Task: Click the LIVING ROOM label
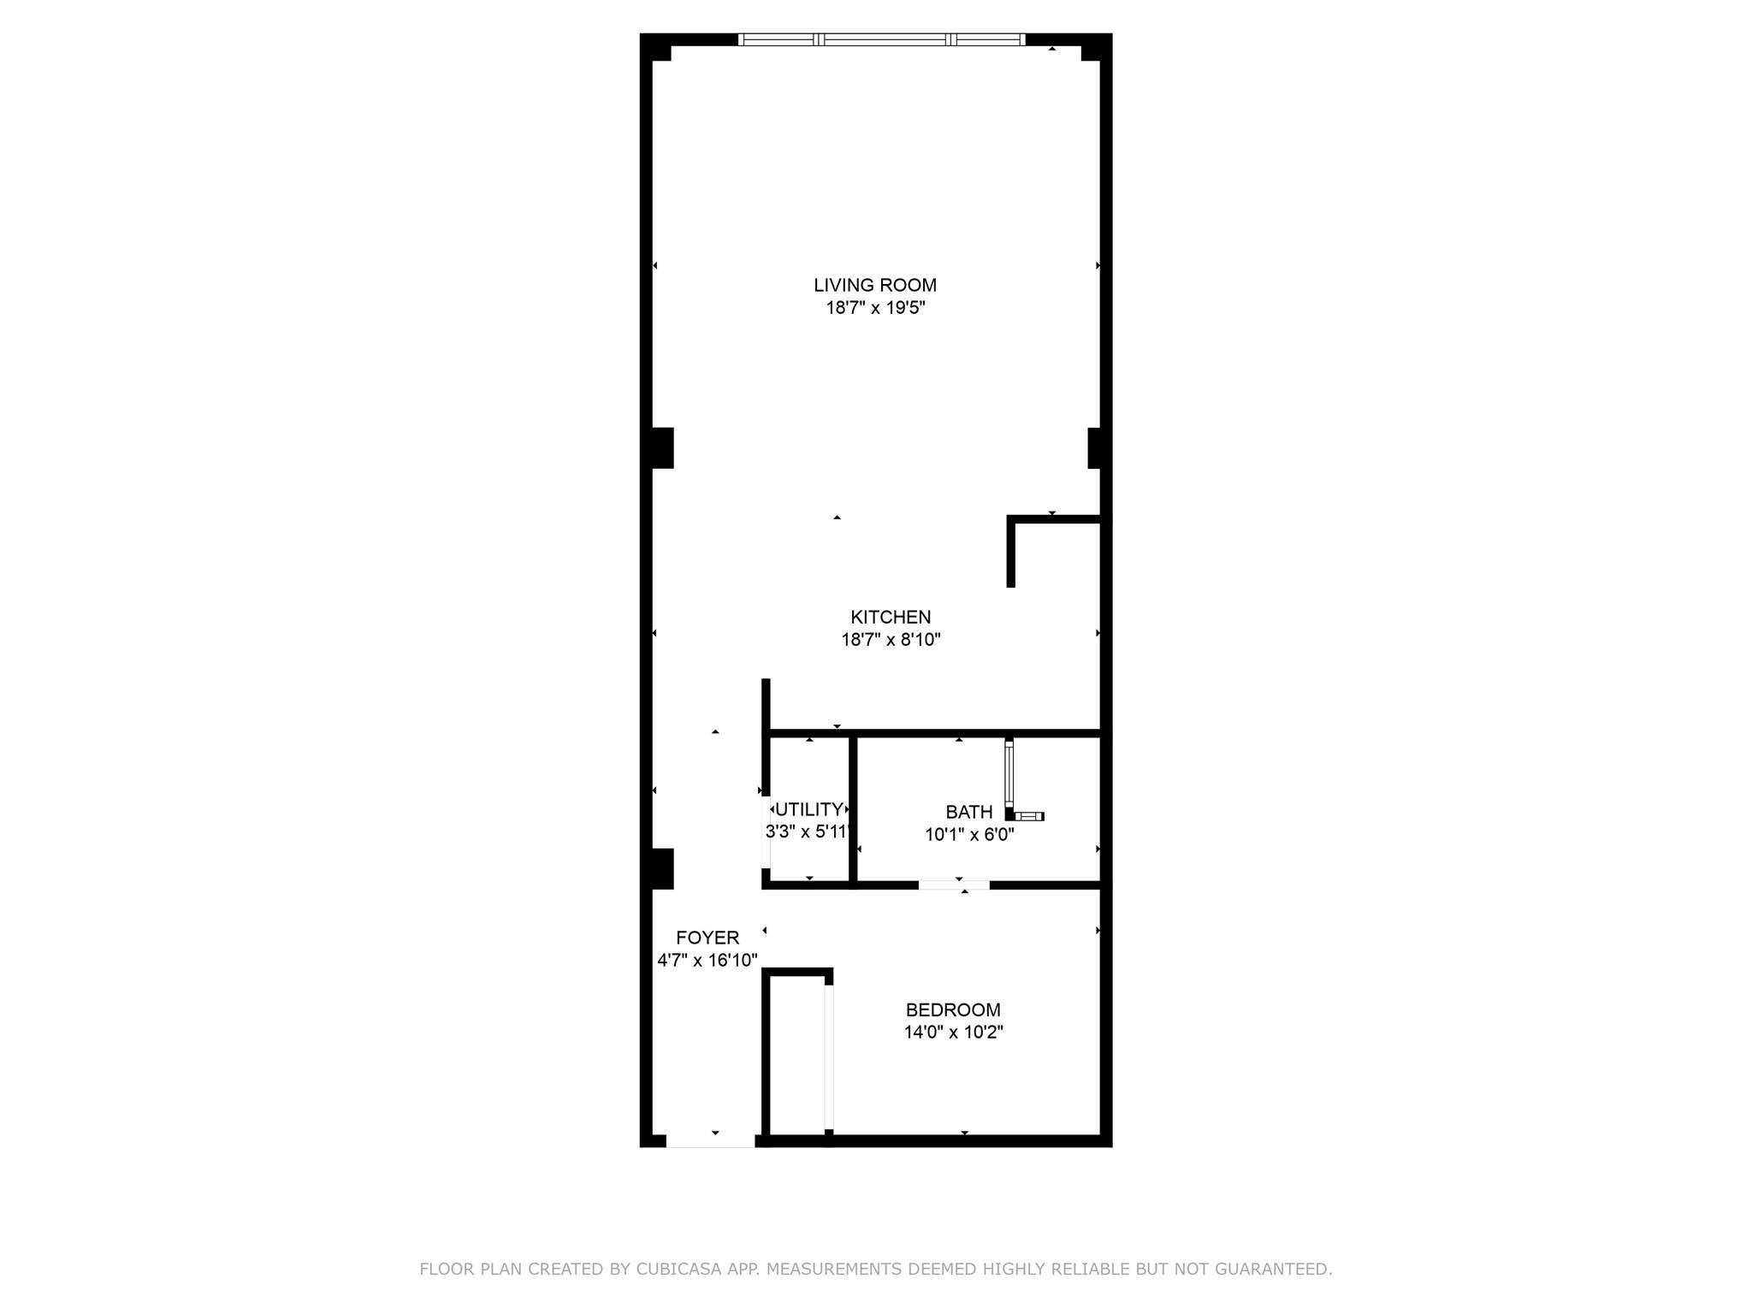[x=875, y=285]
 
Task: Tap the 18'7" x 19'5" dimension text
[x=875, y=308]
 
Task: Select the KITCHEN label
[x=891, y=617]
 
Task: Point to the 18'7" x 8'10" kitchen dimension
[x=891, y=639]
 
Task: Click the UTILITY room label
[x=808, y=809]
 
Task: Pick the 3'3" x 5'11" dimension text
[x=808, y=832]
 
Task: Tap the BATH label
[x=969, y=812]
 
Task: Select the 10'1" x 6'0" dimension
[x=969, y=834]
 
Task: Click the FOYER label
[x=707, y=937]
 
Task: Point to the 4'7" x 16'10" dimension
[x=707, y=960]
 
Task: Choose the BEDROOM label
[x=953, y=1009]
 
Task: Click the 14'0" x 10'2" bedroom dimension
[x=953, y=1033]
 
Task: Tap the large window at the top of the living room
[x=882, y=38]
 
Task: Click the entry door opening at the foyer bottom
[x=711, y=1140]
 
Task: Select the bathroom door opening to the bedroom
[x=954, y=885]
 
